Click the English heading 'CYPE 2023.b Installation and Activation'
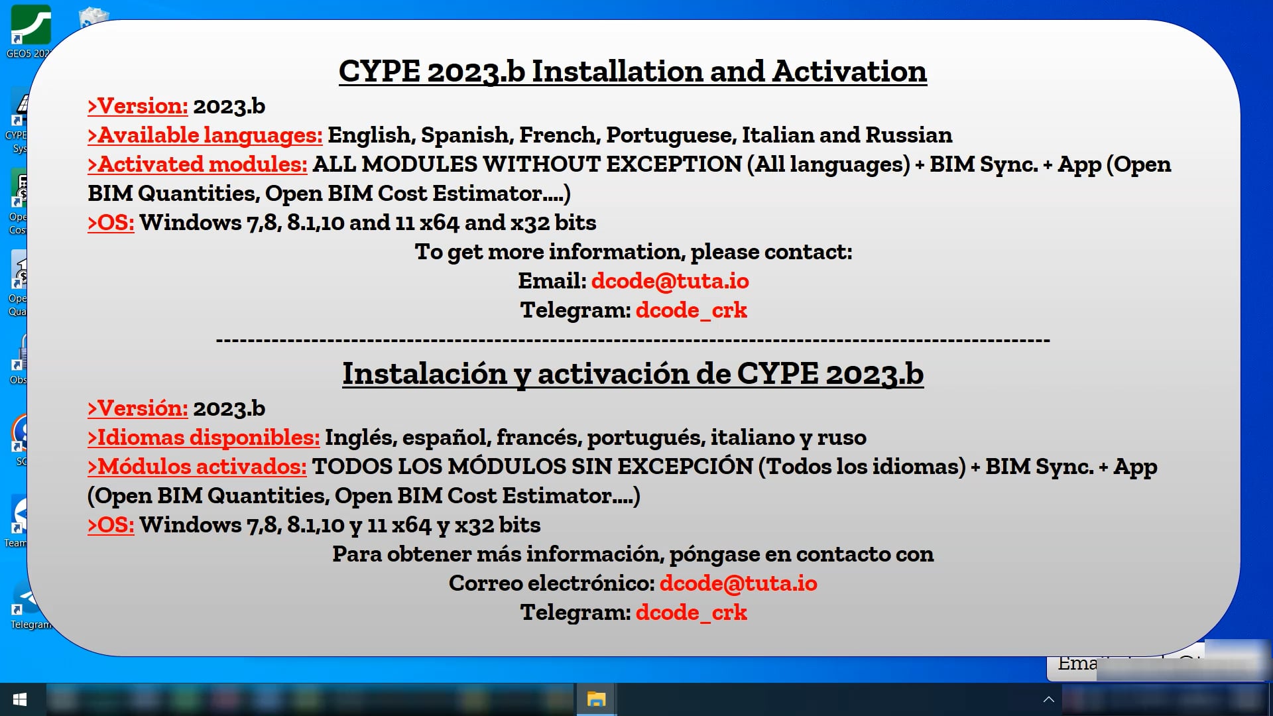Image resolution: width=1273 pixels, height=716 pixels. pyautogui.click(x=633, y=72)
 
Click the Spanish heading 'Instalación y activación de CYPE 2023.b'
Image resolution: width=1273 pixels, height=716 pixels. pyautogui.click(x=633, y=374)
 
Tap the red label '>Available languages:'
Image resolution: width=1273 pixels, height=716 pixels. pyautogui.click(x=205, y=135)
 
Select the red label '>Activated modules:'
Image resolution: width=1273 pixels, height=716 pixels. pyautogui.click(x=198, y=164)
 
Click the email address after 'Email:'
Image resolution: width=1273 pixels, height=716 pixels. pyautogui.click(x=670, y=281)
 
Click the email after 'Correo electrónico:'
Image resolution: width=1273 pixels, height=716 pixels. pyautogui.click(x=738, y=583)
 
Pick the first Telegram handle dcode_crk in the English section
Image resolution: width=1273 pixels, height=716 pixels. pyautogui.click(x=691, y=310)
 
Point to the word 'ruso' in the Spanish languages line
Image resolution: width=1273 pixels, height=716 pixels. pyautogui.click(x=841, y=438)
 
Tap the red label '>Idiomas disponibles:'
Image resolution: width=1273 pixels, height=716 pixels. pyautogui.click(x=204, y=438)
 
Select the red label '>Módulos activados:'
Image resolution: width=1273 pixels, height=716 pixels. pyautogui.click(x=197, y=467)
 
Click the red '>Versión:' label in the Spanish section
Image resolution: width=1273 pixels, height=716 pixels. pyautogui.click(x=138, y=408)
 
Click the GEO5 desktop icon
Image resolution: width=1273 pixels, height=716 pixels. pyautogui.click(x=30, y=27)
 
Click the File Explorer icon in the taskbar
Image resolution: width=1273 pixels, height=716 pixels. pyautogui.click(x=596, y=699)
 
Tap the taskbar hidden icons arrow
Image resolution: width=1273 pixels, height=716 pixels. pyautogui.click(x=1048, y=699)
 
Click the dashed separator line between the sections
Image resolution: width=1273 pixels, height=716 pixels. pyautogui.click(x=633, y=341)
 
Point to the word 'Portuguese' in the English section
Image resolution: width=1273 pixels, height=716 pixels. pyautogui.click(x=669, y=135)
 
